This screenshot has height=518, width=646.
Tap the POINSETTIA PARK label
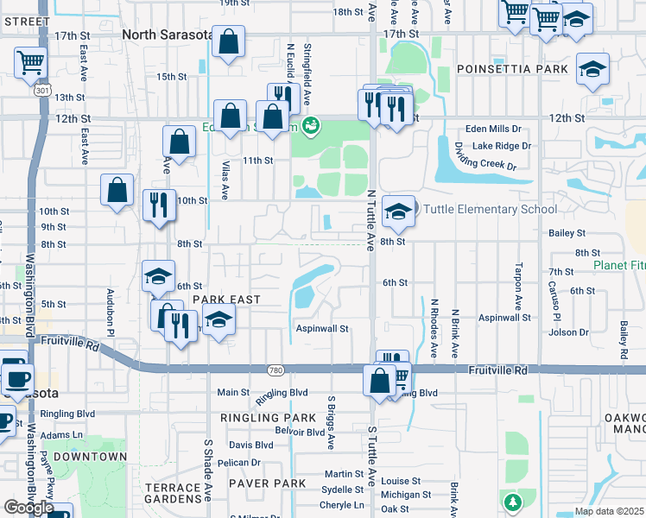(x=513, y=68)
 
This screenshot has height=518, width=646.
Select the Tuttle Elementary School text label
(x=489, y=209)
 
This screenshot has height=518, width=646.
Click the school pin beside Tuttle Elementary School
(x=397, y=211)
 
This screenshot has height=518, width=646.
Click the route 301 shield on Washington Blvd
(x=41, y=90)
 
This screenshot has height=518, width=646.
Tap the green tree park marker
(x=512, y=502)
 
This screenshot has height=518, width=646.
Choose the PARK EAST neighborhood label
(x=226, y=299)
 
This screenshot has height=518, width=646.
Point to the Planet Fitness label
(x=619, y=265)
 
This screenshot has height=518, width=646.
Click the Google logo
(x=28, y=508)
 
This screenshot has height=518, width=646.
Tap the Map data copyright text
(x=609, y=511)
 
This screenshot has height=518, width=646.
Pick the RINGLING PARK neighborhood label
(x=269, y=418)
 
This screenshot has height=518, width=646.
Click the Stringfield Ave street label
(x=307, y=64)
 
